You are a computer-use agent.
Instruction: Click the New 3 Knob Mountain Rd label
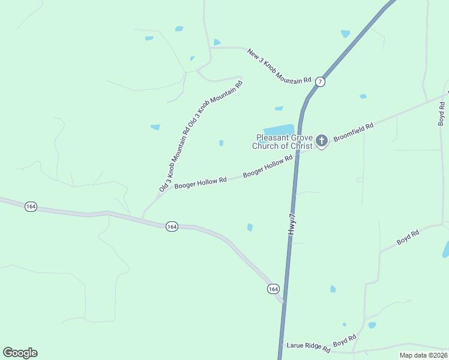[x=280, y=66]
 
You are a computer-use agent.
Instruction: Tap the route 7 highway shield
[x=321, y=82]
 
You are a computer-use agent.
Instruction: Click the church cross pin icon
[x=322, y=141]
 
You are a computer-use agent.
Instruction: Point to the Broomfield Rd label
[x=354, y=132]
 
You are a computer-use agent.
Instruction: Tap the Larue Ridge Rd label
[x=309, y=347]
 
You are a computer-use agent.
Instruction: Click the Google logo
[x=20, y=353]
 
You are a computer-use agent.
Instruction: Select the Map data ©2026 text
[x=424, y=355]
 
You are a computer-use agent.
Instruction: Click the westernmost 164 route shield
[x=31, y=206]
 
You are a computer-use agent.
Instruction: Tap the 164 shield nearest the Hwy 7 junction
[x=273, y=289]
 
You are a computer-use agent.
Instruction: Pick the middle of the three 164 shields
[x=172, y=226]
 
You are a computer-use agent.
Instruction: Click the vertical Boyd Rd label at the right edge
[x=442, y=113]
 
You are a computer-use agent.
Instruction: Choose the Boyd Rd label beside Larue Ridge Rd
[x=345, y=340]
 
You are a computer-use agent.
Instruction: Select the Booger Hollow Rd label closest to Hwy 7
[x=268, y=166]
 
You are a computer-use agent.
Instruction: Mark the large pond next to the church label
[x=279, y=130]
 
